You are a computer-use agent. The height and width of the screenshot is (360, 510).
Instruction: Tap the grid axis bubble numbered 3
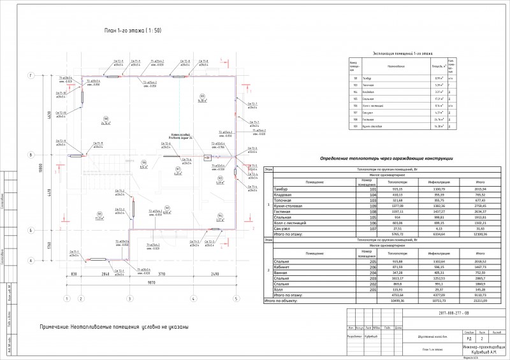[x=129, y=298]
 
